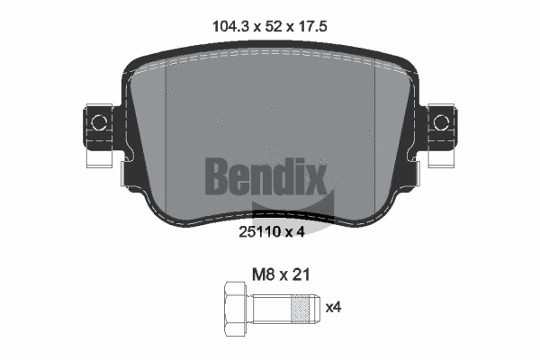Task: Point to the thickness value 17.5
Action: coord(309,27)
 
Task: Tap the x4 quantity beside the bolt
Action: coord(333,307)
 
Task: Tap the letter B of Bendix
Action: coord(218,175)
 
